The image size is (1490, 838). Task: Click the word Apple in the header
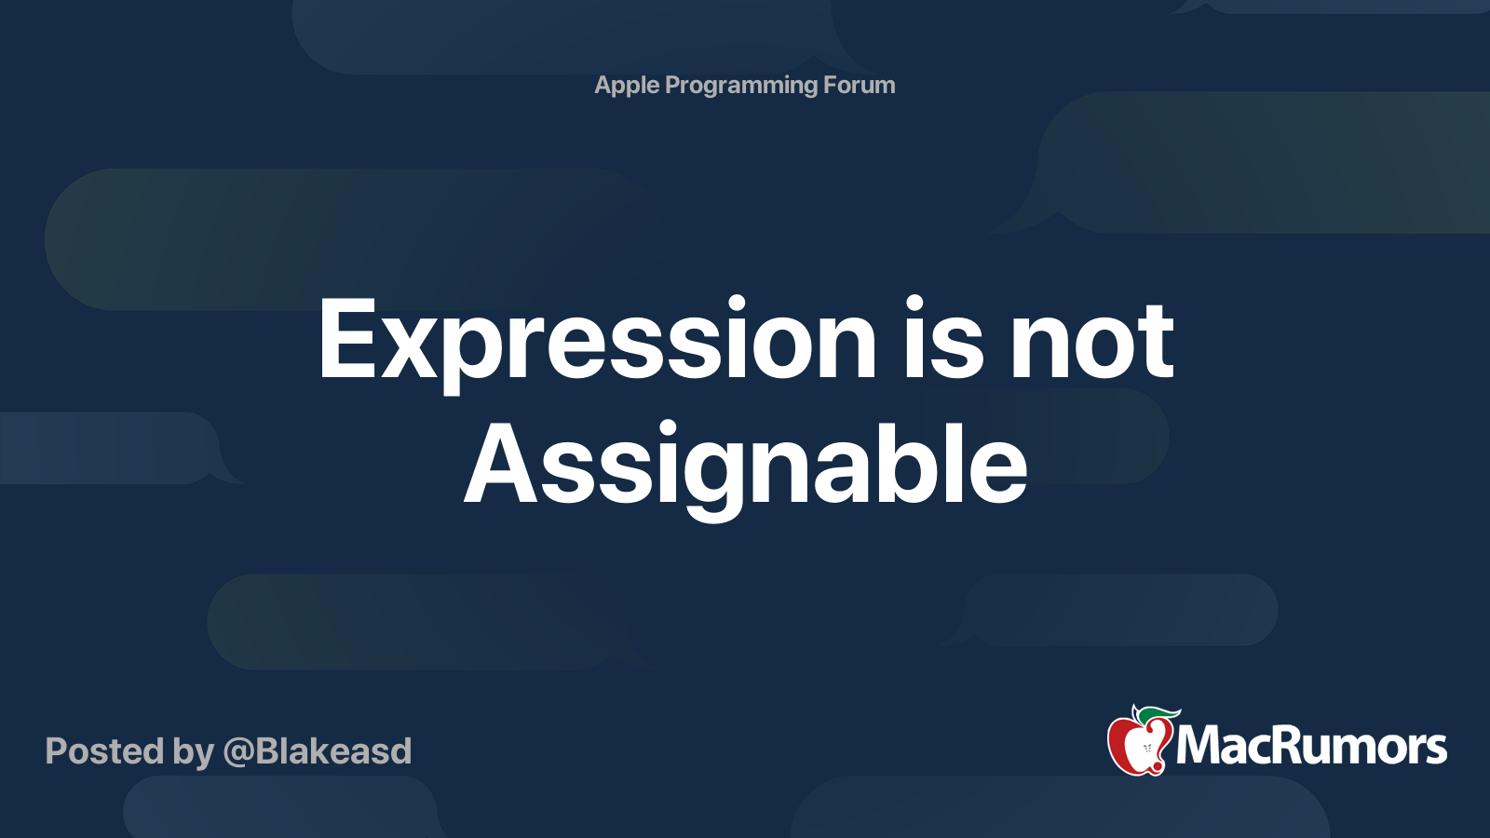tap(627, 86)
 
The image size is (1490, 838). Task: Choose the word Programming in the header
tap(741, 86)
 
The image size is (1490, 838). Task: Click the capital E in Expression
tap(350, 338)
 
